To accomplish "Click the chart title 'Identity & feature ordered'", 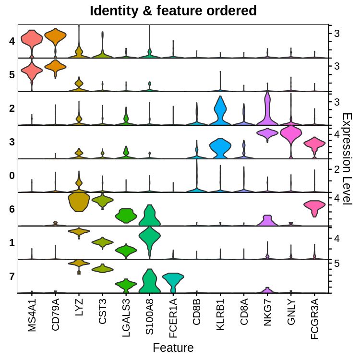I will coord(173,11).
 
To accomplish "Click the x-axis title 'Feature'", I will coord(173,348).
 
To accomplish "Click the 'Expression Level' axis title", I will coord(347,158).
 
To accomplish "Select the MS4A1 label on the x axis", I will coord(32,314).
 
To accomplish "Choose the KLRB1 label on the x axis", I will coord(220,314).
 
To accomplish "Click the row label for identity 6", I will coord(12,209).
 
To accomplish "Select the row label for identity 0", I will coord(12,176).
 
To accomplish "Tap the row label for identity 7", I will coord(12,276).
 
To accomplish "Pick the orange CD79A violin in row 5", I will coord(55,67).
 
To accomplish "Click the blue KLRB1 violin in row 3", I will coord(220,146).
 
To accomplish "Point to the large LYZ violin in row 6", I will coord(79,202).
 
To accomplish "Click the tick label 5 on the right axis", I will coord(337,263).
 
